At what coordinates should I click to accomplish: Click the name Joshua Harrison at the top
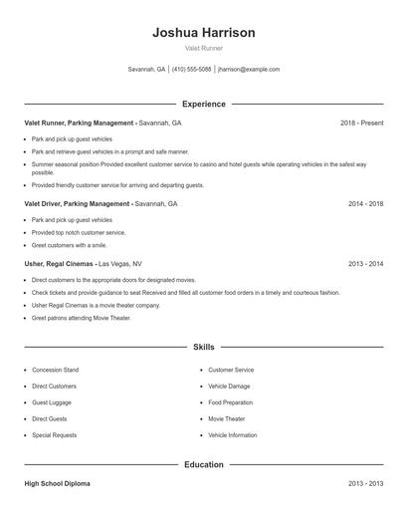(x=204, y=33)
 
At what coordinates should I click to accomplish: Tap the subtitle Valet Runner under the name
(x=204, y=49)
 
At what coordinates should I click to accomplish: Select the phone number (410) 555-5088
(x=191, y=70)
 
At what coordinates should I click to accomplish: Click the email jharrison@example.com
(x=249, y=70)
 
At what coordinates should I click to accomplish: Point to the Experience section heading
(x=204, y=104)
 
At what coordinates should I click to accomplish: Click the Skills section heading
(x=204, y=348)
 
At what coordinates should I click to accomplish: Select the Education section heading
(x=204, y=464)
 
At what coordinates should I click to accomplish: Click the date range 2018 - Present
(x=361, y=123)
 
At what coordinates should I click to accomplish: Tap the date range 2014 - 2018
(x=365, y=203)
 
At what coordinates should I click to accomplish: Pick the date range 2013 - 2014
(x=365, y=264)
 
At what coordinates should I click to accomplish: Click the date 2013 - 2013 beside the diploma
(x=365, y=483)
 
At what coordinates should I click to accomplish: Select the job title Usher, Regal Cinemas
(x=60, y=264)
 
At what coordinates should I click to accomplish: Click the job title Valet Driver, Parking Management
(x=78, y=203)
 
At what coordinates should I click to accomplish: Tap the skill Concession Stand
(x=55, y=370)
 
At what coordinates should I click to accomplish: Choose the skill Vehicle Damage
(x=229, y=387)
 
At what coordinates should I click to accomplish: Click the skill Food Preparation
(x=231, y=402)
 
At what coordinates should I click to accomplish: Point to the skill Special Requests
(x=54, y=435)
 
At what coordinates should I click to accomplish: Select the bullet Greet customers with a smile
(x=69, y=245)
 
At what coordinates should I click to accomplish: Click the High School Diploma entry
(x=57, y=483)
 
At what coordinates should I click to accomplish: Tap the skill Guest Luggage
(x=51, y=402)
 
